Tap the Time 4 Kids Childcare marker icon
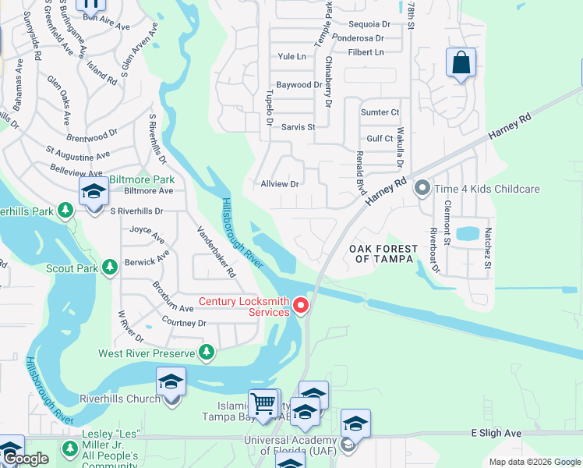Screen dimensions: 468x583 [422, 189]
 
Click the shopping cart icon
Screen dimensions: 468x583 [264, 403]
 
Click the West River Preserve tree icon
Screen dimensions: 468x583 [207, 353]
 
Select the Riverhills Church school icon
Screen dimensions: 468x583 [171, 382]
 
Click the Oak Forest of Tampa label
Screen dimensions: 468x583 [383, 253]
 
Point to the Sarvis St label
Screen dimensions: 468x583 [298, 126]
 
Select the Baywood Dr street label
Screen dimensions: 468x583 [299, 84]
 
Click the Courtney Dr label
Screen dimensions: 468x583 [184, 322]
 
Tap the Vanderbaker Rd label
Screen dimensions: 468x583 [216, 251]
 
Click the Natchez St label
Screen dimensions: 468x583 [487, 248]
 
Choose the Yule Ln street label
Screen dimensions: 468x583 [291, 56]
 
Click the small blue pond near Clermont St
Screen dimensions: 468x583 [468, 232]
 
